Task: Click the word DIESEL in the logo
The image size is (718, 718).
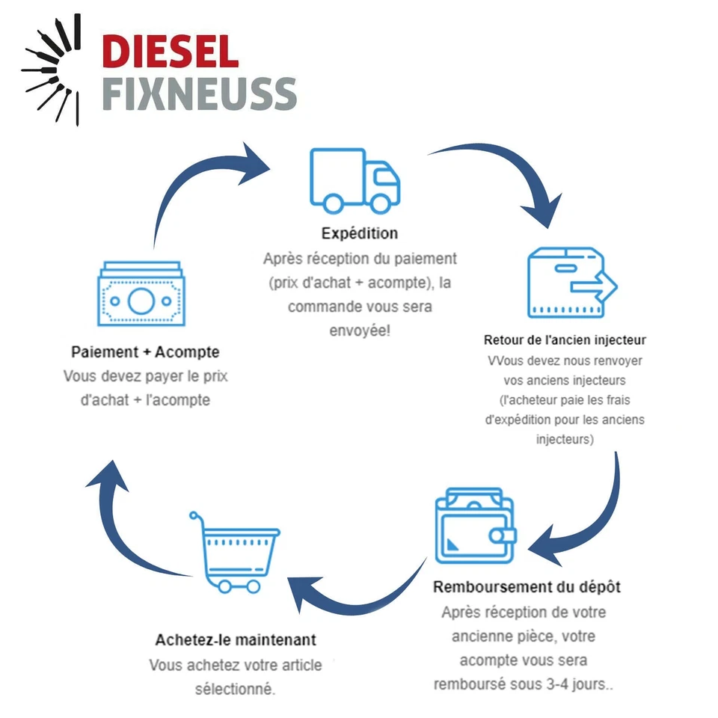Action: (x=171, y=53)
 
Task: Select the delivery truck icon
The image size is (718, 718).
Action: (x=354, y=180)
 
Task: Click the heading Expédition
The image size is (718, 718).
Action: (x=360, y=233)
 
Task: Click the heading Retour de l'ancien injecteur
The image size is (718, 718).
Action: (x=565, y=340)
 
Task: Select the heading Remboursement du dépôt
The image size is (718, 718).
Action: (x=527, y=586)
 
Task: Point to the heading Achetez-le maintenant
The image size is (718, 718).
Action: (x=236, y=640)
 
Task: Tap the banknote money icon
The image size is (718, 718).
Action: (x=141, y=299)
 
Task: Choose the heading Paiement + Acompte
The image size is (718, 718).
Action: (x=145, y=352)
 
